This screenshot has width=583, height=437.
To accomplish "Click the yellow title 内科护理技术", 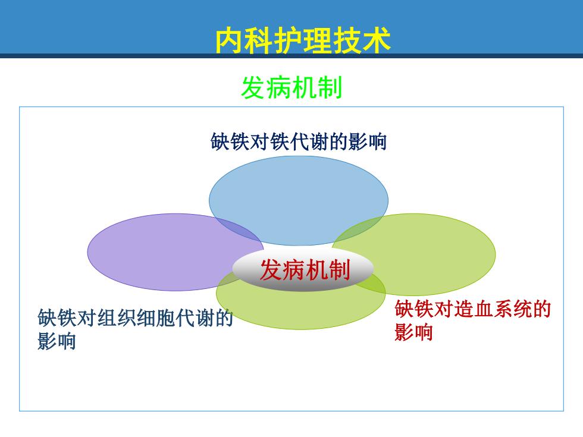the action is pos(303,40).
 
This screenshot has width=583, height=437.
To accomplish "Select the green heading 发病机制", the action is pos(291,88).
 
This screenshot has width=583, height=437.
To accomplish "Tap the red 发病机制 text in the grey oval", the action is pos(305,270).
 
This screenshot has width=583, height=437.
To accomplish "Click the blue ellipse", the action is pos(299,201).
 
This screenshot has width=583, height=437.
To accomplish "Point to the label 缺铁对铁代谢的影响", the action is pos(299,142).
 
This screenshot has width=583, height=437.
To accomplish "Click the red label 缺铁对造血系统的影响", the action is pos(472,320).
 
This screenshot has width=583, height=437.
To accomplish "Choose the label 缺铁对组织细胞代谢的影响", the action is pos(134,329).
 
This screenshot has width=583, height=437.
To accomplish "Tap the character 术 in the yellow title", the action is pos(377,40).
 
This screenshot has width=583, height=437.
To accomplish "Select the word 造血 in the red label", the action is pos(472,309).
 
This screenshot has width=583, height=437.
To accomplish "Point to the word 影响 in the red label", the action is pos(413,332).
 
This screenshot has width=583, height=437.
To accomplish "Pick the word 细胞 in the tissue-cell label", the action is pos(154,317).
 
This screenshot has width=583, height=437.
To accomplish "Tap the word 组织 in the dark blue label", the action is pos(115,317).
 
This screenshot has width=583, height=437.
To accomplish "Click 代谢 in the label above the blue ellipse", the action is pos(309,142).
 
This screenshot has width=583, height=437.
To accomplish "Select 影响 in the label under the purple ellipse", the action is pos(57,341).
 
